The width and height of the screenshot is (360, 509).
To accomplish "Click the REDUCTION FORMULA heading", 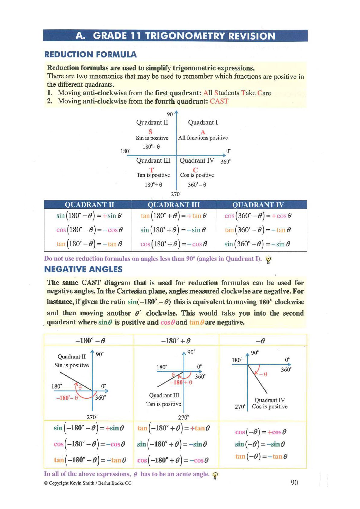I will [x=90, y=54].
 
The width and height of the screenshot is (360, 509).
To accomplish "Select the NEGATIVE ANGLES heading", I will [x=83, y=269].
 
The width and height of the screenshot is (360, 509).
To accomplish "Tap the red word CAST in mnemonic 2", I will [x=219, y=101].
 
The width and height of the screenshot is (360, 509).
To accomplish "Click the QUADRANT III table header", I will [x=174, y=205].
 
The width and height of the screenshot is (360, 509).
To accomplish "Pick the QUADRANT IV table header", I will [x=258, y=205].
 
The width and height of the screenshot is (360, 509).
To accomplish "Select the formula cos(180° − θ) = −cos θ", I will [x=90, y=230].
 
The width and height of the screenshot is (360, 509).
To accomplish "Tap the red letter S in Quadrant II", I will [x=150, y=132].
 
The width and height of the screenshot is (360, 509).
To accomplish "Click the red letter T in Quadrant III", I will [x=152, y=170].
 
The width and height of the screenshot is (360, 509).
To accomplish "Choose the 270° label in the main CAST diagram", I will [x=176, y=194].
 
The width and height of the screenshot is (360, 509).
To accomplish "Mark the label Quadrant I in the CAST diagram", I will [x=203, y=122].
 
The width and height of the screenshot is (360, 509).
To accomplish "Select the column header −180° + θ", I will [x=176, y=341].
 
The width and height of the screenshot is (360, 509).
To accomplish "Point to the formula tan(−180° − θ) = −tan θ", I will [x=90, y=460].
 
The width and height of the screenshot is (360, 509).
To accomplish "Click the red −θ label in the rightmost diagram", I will [x=263, y=374].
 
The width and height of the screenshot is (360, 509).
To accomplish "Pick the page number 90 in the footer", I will [x=294, y=482].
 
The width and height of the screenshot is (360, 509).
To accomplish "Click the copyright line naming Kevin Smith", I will [x=88, y=483].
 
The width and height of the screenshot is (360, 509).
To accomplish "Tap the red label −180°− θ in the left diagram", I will [x=67, y=398].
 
